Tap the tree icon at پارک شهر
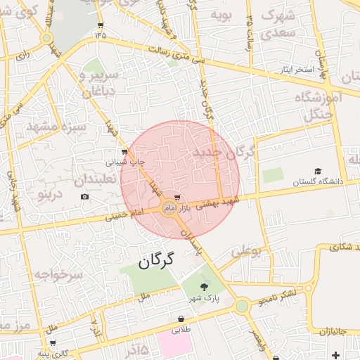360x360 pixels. [x=205, y=286]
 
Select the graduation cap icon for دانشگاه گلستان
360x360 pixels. [x=317, y=172]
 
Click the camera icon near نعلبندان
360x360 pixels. [x=85, y=196]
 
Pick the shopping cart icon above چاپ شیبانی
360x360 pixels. [x=124, y=151]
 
